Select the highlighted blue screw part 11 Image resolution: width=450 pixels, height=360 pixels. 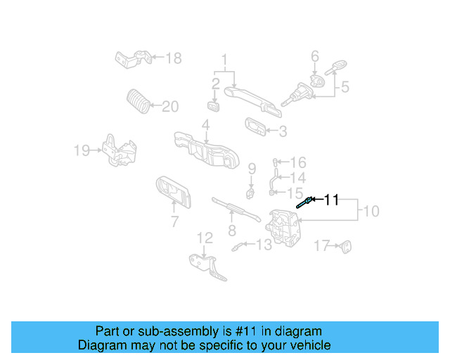[304, 204]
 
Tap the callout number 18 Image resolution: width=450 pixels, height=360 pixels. [173, 58]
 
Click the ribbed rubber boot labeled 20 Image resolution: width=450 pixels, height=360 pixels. [139, 101]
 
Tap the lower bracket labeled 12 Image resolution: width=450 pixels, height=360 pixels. [208, 266]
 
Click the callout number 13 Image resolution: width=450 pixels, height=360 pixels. [263, 245]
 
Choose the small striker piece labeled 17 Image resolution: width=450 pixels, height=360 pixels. [345, 246]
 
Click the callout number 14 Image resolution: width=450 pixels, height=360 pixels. [298, 177]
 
